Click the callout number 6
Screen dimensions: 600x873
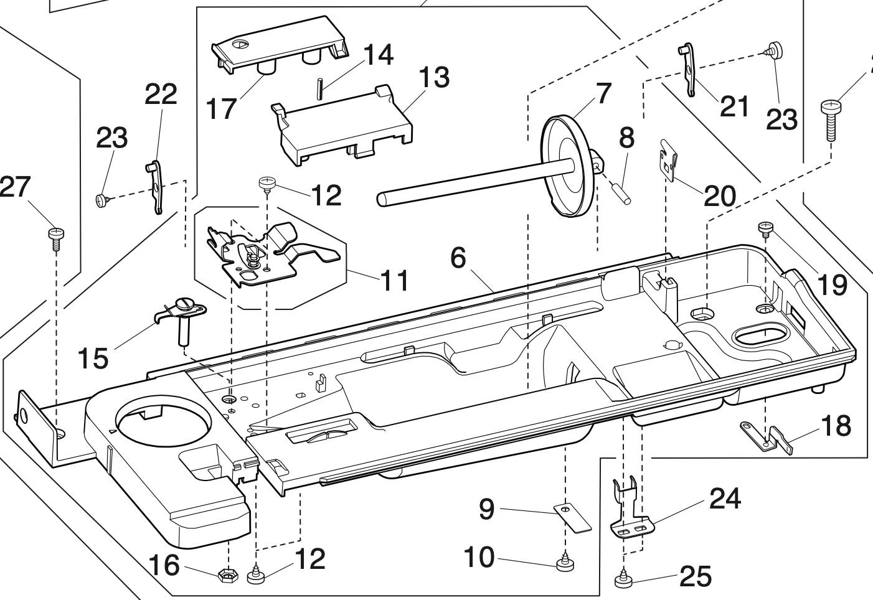tap(458, 257)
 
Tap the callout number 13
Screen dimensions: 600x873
tap(433, 78)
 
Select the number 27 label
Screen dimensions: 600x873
tap(14, 186)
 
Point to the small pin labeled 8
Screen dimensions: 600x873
tap(624, 189)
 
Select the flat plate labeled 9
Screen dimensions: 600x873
tap(573, 517)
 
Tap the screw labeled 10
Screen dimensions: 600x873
tap(565, 564)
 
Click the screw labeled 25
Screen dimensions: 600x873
tap(623, 580)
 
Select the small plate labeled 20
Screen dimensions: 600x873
tap(668, 160)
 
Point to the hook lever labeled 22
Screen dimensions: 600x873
tap(156, 187)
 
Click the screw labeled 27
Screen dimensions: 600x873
tap(56, 236)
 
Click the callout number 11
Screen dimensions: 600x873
tap(395, 279)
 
